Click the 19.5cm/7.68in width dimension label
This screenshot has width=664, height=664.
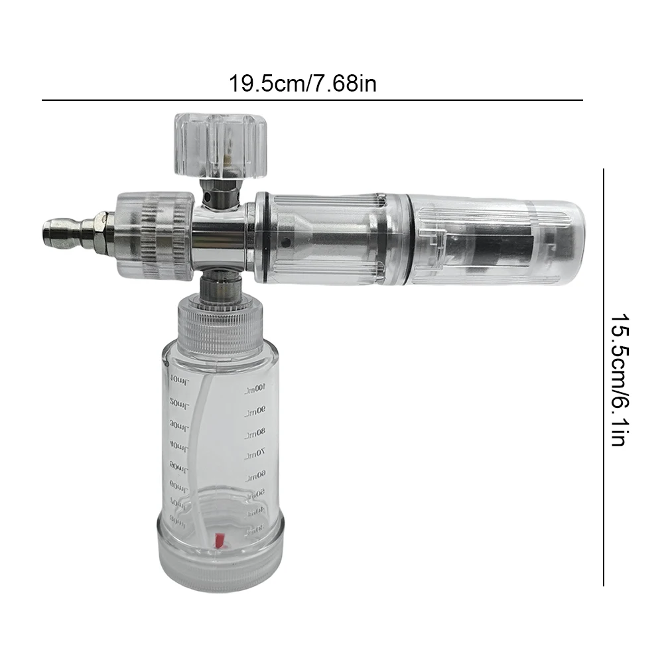click(302, 84)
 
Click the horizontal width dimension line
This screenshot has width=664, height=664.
click(312, 100)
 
